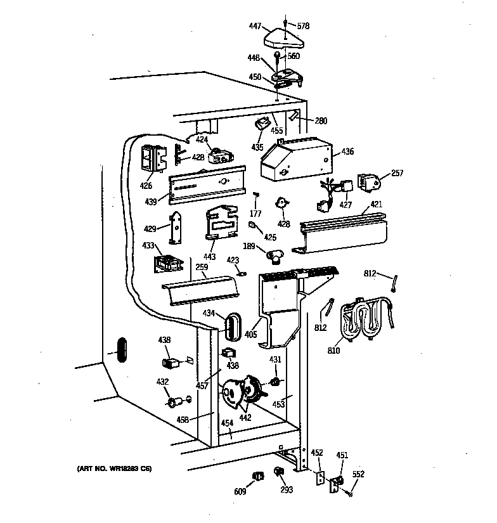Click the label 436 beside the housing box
347,152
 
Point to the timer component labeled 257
368,183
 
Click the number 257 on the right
397,172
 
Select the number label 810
333,349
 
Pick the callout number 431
275,360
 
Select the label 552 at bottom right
358,474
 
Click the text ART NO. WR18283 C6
115,468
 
